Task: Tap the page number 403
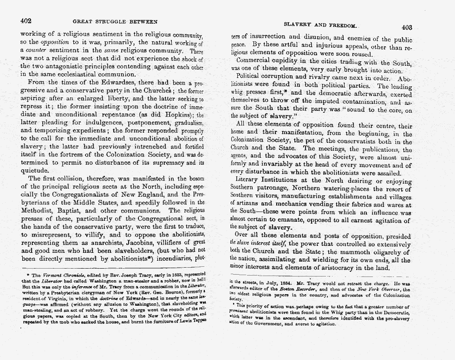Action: (407, 27)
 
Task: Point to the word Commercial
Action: (257, 61)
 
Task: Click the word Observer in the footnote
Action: (380, 289)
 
